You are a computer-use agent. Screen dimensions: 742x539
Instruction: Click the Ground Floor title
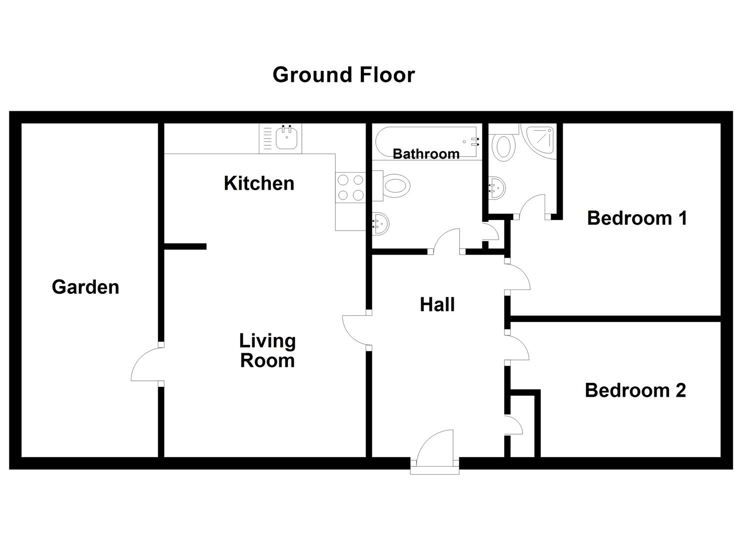point(343,75)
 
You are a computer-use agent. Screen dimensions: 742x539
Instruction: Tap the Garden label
point(85,287)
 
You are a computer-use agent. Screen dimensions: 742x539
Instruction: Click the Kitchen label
point(259,183)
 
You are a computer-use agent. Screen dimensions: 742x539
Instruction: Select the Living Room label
point(267,350)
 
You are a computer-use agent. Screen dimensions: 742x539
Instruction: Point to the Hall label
point(437,304)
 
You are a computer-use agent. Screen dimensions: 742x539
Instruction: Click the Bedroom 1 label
point(637,219)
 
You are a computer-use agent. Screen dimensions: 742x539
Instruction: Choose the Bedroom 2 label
point(636,390)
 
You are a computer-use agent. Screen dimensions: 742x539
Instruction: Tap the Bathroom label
point(426,154)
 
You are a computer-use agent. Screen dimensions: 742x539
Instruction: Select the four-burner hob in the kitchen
point(350,188)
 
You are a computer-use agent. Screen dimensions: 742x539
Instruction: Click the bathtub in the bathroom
point(427,142)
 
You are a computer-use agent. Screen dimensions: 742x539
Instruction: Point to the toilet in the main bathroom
point(391,186)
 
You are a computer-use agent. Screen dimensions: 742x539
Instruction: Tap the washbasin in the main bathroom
point(381,224)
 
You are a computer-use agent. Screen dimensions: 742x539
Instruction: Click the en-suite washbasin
point(497,188)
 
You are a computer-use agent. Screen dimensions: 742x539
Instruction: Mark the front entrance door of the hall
point(435,448)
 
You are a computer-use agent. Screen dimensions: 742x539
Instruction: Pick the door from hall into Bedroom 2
point(517,347)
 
